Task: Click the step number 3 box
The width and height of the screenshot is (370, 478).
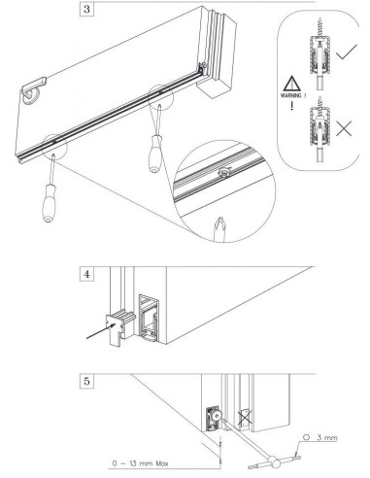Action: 86,9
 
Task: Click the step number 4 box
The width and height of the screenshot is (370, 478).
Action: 86,274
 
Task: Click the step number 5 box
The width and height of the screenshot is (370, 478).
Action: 86,381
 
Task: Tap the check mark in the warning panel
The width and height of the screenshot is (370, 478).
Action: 347,51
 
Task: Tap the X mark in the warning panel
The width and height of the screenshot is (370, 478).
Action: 344,129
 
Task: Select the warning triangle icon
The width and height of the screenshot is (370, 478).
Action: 292,84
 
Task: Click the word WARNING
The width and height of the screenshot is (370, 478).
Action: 291,95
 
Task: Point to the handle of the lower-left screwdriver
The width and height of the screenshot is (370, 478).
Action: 49,203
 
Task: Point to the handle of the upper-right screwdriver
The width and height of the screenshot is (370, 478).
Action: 155,154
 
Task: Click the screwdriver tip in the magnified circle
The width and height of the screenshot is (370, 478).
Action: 219,228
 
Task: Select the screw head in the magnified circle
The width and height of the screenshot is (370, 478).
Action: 222,173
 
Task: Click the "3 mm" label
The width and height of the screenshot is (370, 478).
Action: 327,438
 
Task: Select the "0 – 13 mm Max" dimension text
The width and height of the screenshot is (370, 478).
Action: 140,463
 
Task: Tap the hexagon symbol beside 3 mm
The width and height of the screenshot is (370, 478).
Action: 307,437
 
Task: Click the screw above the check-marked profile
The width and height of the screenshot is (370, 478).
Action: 320,27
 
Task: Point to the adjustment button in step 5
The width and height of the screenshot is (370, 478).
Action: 217,415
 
